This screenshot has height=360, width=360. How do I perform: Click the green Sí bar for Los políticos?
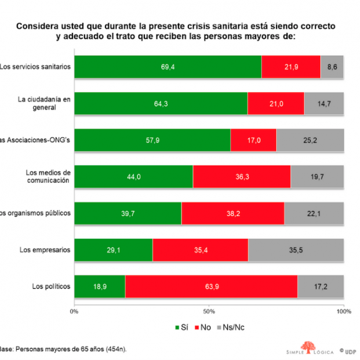pyautogui.click(x=100, y=286)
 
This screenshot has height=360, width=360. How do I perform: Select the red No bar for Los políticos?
pyautogui.click(x=211, y=286)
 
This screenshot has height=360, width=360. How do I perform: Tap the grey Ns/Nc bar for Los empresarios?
pyautogui.click(x=296, y=250)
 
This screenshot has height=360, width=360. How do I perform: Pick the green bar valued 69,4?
pyautogui.click(x=168, y=67)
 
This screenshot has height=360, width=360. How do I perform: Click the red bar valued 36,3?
pyautogui.click(x=242, y=176)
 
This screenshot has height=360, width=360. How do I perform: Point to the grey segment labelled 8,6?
pyautogui.click(x=332, y=67)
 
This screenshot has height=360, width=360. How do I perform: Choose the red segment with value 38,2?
pyautogui.click(x=232, y=213)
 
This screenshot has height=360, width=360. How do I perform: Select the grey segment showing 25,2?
pyautogui.click(x=310, y=140)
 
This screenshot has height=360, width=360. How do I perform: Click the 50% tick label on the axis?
pyautogui.click(x=209, y=311)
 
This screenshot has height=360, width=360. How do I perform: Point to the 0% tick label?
pyautogui.click(x=74, y=311)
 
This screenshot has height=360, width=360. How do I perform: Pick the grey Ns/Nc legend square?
pyautogui.click(x=219, y=328)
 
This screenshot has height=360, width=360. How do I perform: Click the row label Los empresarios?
pyautogui.click(x=45, y=250)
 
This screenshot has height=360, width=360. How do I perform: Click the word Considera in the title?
pyautogui.click(x=38, y=27)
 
